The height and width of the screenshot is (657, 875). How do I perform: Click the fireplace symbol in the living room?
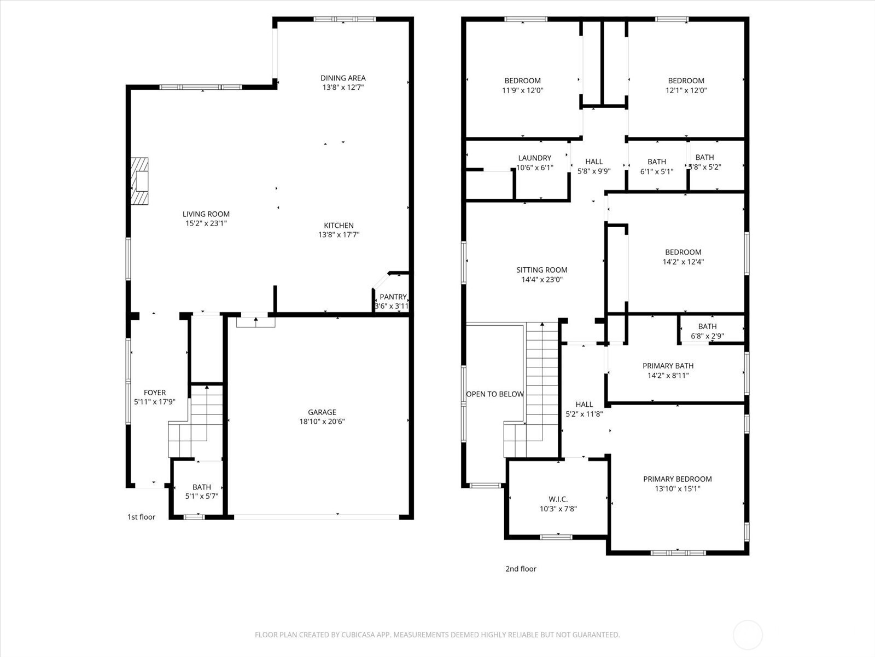point(140,181)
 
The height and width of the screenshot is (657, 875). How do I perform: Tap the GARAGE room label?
point(322,412)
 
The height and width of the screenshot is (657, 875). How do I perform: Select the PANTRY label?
point(393,297)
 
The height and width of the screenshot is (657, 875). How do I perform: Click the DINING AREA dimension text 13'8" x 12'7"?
point(342,87)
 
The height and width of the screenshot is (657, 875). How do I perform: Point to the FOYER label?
point(155,393)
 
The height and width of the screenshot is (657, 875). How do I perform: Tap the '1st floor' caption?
point(141,517)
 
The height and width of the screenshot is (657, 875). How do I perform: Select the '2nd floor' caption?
point(521,569)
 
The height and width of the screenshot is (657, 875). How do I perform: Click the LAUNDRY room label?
point(534,158)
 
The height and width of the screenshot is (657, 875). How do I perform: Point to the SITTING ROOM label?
point(541,270)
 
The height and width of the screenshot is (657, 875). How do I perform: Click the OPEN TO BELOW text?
point(494,394)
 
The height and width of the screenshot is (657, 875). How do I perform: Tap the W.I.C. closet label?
point(558,499)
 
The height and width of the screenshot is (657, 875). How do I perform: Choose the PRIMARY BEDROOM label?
point(677,479)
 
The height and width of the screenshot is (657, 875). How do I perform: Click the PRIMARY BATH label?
point(668,366)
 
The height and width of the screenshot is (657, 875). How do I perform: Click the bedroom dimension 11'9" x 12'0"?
point(522,90)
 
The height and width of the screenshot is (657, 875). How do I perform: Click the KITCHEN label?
point(339,226)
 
